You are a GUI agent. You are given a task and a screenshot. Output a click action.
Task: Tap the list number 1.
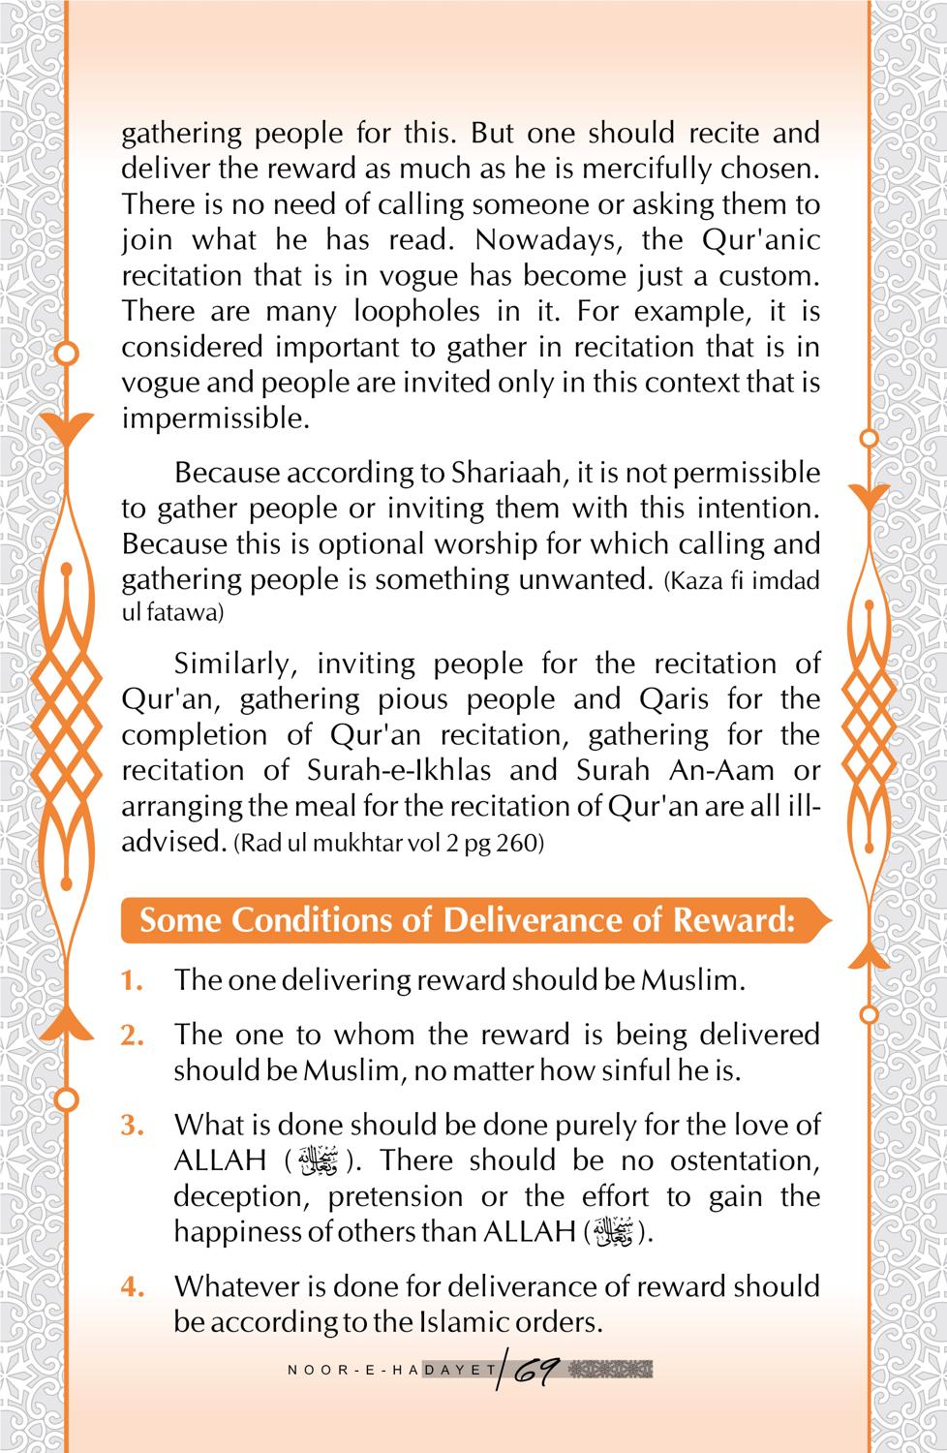click(133, 980)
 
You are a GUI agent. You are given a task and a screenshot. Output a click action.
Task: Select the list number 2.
click(133, 1036)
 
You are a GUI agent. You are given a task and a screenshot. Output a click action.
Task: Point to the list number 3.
click(133, 1126)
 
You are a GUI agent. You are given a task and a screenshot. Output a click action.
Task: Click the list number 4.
click(133, 1287)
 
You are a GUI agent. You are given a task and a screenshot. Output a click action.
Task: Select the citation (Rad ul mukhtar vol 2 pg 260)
click(389, 843)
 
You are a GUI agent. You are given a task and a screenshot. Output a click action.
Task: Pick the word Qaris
click(674, 698)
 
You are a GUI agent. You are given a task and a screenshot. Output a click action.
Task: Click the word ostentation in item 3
click(745, 1160)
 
